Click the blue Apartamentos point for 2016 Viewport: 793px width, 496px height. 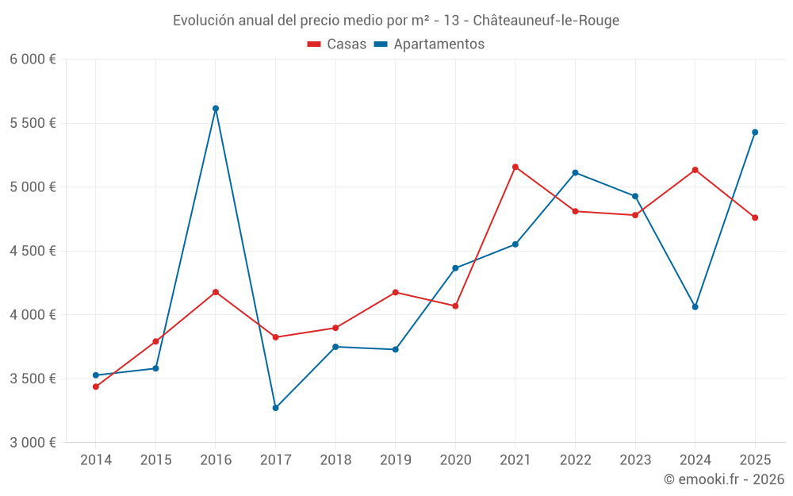[x=216, y=109]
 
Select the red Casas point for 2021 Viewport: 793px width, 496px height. [x=515, y=167]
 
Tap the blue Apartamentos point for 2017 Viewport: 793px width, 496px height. [x=275, y=408]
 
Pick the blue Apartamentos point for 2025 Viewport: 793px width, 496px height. [x=755, y=133]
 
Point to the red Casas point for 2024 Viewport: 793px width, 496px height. [x=695, y=170]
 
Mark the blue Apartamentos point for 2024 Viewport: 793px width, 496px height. [x=695, y=307]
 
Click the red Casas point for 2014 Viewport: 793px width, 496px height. [x=96, y=386]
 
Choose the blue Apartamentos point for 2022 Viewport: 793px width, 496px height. [x=575, y=173]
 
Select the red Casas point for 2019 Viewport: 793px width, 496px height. [x=396, y=293]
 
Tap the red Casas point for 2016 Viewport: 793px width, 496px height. [x=216, y=292]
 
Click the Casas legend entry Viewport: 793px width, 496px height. [x=337, y=44]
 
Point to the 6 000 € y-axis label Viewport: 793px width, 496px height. [x=33, y=60]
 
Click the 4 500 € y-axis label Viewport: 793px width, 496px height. [x=33, y=251]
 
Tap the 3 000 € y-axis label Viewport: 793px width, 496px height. [x=33, y=443]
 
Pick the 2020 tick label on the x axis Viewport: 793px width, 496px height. [x=455, y=460]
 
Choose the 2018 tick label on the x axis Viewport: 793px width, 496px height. [x=335, y=460]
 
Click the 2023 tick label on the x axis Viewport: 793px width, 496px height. [x=635, y=460]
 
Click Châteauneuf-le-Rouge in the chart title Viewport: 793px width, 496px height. [x=546, y=21]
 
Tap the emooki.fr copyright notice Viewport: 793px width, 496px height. [x=723, y=479]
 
